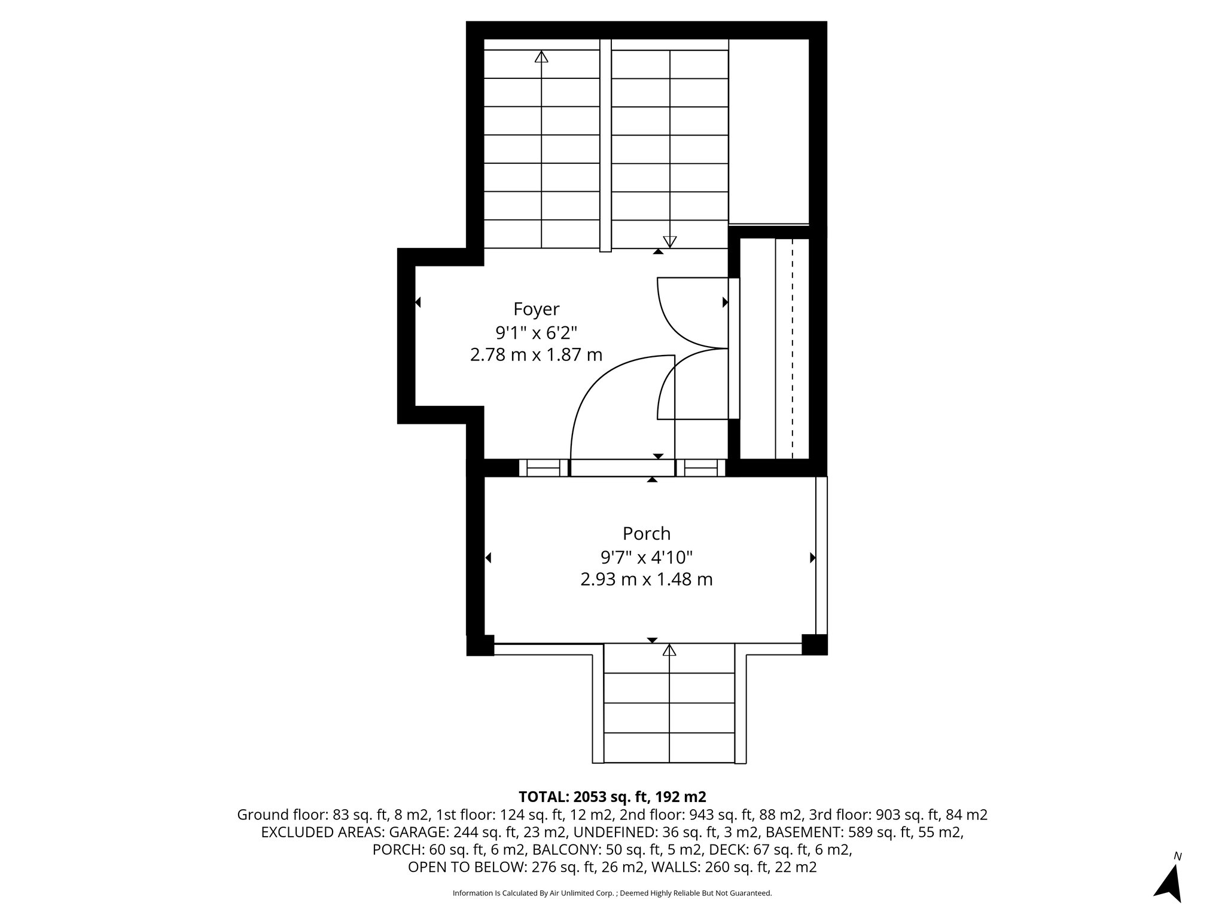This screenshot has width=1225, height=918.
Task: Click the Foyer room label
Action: point(536,309)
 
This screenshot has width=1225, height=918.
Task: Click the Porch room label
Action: point(646,533)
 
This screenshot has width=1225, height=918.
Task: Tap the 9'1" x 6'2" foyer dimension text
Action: point(536,332)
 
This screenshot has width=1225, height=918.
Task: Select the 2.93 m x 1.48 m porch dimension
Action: point(646,579)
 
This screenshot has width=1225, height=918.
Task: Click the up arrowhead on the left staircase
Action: point(541,57)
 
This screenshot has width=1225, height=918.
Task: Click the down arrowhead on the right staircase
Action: point(670,241)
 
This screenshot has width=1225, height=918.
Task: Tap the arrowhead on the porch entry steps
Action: point(669,650)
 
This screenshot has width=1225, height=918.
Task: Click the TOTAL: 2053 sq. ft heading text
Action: point(612,797)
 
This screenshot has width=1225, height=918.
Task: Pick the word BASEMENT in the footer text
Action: point(805,832)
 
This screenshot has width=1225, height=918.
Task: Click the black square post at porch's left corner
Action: point(480,645)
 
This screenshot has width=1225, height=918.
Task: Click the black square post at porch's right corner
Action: point(814,644)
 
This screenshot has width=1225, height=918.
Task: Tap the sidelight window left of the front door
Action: point(543,467)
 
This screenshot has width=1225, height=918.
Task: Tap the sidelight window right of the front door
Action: point(700,467)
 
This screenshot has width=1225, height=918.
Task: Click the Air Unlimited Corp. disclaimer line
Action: point(612,893)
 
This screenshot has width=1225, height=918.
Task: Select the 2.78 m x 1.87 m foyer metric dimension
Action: point(536,355)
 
